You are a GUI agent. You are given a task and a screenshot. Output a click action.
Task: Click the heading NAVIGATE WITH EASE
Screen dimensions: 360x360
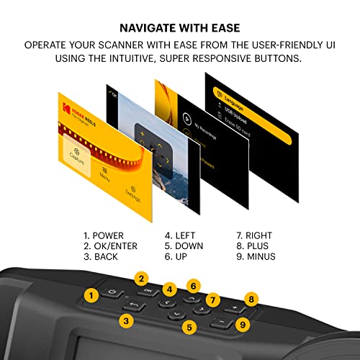click(x=180, y=28)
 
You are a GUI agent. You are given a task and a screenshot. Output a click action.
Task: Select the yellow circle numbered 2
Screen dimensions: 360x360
click(x=143, y=279)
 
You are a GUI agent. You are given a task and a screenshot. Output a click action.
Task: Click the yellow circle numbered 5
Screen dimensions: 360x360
click(x=190, y=328)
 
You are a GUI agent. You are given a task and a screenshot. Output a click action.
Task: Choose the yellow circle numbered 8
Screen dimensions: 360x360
click(x=251, y=298)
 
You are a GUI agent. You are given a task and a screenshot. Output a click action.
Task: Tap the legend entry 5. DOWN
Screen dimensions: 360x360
click(x=184, y=246)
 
